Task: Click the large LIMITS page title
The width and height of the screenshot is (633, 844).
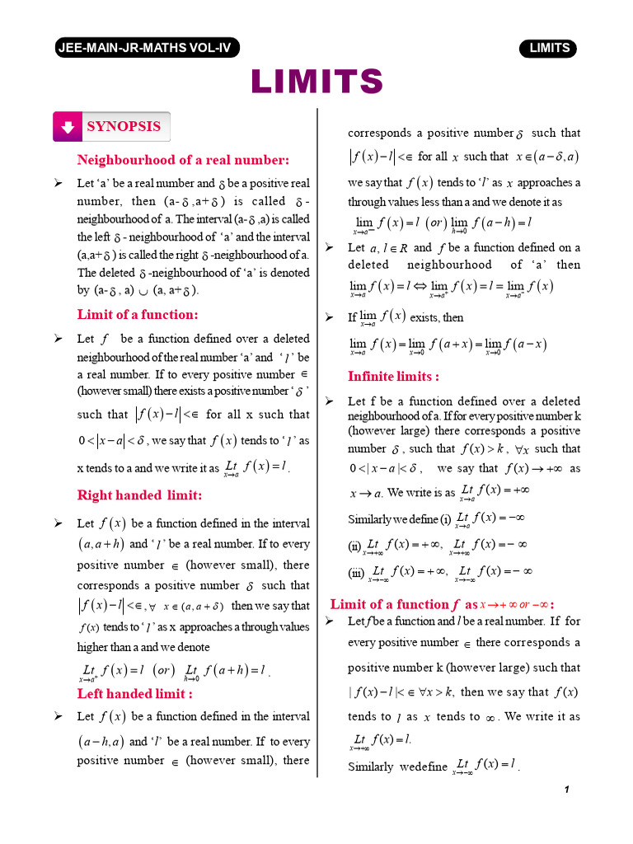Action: coord(317,82)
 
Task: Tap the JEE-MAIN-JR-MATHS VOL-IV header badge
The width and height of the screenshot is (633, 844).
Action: coord(145,48)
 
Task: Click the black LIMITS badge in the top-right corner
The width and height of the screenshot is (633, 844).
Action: coord(549,48)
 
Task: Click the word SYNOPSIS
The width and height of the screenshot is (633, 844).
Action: coord(124,127)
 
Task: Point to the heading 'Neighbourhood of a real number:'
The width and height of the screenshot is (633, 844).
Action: coord(183,160)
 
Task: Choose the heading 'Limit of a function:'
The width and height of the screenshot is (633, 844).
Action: coord(138,314)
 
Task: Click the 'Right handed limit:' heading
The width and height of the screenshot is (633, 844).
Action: coord(139,495)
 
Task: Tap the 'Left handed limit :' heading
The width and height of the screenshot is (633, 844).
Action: coord(135,694)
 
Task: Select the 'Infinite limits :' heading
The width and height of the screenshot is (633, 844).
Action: coord(393,377)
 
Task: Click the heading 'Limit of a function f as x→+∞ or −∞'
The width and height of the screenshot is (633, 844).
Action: coord(443,603)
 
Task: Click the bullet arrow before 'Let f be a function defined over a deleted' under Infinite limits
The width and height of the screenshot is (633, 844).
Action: coord(329,401)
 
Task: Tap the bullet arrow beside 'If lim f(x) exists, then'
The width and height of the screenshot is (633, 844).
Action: coord(329,317)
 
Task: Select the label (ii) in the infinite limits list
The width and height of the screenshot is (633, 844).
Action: coord(354,546)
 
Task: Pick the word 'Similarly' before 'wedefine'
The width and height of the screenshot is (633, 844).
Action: coord(370,767)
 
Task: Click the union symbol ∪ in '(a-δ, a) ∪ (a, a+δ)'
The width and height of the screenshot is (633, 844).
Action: coord(143,290)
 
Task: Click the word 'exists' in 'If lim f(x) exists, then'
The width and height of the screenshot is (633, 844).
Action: coord(426,317)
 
